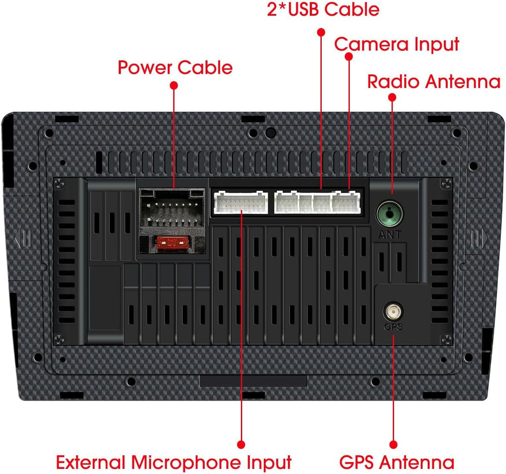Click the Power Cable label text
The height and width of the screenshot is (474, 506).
(175, 67)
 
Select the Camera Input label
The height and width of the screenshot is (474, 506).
(397, 44)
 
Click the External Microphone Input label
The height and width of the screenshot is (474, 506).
(174, 462)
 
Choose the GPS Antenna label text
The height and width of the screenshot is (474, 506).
(397, 462)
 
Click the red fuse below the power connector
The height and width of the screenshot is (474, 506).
(172, 242)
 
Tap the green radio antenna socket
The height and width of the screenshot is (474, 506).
(389, 214)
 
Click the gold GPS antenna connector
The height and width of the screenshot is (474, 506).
(393, 312)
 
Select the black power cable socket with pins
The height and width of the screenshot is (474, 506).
(172, 208)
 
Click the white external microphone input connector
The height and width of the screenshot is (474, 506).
(240, 202)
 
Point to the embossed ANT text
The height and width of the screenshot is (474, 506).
(389, 235)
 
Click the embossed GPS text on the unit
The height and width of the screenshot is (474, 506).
(394, 327)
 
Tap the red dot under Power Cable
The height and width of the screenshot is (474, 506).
(174, 85)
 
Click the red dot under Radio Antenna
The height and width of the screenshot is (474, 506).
(392, 97)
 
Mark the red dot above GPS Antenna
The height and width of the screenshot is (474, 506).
(394, 445)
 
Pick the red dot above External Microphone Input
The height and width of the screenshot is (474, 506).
(241, 445)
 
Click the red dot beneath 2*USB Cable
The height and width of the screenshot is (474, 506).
(321, 32)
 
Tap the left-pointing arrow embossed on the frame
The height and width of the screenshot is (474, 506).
(23, 239)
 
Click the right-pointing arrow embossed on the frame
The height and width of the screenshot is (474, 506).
(480, 239)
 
